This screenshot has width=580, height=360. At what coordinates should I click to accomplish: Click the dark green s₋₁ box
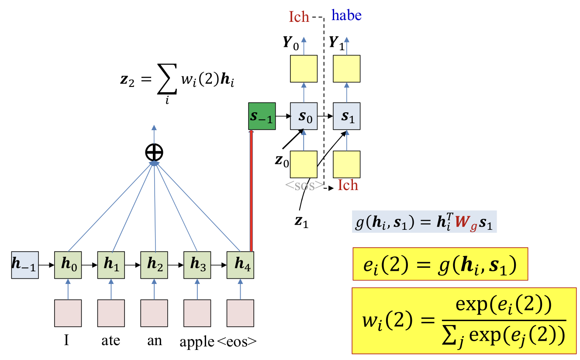[x=262, y=116]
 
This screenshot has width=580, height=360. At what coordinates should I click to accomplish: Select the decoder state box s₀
[x=304, y=116]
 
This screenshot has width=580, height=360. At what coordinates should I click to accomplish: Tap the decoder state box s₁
[x=347, y=116]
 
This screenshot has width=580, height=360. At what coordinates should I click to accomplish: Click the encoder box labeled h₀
[x=68, y=265]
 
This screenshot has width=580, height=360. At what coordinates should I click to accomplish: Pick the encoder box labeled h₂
[x=154, y=265]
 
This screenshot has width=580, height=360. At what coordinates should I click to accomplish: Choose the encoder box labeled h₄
[x=240, y=265]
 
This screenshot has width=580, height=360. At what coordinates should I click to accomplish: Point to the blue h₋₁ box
[x=24, y=265]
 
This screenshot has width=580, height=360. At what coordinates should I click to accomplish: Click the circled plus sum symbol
[x=154, y=152]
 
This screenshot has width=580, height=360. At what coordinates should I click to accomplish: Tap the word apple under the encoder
[x=197, y=342]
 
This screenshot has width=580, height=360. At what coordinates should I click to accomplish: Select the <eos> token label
[x=236, y=342]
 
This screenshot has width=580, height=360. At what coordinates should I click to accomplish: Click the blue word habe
[x=346, y=16]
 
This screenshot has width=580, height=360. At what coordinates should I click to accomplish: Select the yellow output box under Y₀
[x=304, y=69]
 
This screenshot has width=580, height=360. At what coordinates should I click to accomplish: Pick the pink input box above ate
[x=111, y=313]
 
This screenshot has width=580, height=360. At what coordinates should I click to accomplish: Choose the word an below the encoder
[x=153, y=341]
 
